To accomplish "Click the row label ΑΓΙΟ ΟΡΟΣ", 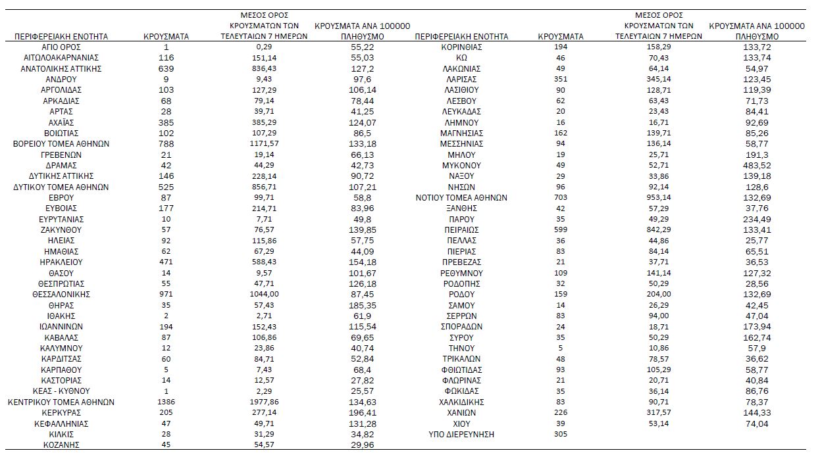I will pos(61,47).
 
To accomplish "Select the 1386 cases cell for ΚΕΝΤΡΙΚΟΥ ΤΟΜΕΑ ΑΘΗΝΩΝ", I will pos(166,402).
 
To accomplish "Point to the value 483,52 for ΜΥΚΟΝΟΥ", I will pos(757,166).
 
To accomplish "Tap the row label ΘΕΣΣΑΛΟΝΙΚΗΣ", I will pos(61,295).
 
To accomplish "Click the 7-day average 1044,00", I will pos(263,295).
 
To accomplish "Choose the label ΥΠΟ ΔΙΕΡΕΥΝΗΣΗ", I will pos(461,435).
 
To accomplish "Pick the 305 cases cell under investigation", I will pos(561,435).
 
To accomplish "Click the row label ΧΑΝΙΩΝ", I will pos(461,413).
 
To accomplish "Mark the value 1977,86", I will pos(263,402).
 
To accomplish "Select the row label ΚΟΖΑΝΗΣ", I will pos(61,445).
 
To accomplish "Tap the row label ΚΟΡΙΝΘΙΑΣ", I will pos(461,47).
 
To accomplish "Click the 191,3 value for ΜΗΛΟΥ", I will pos(757,155).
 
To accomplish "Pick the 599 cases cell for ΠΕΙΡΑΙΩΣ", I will pos(561,230).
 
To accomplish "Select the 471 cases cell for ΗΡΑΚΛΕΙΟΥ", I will pos(166,262).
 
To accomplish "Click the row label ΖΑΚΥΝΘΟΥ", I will pos(61,230).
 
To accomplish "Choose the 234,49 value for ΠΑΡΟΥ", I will pos(757,219).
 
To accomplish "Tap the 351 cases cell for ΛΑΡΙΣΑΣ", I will pos(561,80).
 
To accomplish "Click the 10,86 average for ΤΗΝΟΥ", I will pos(658,349).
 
